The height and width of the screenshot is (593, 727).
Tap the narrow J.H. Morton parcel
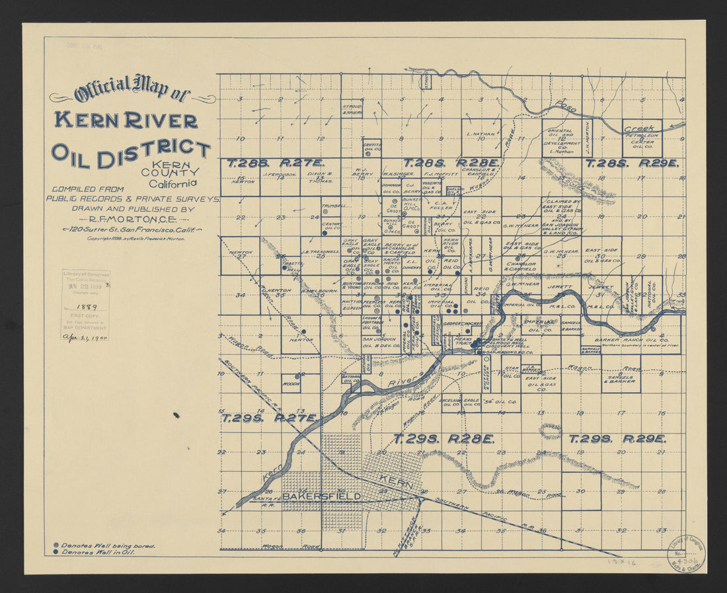point(587,138)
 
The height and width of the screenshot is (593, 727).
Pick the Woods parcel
point(289,383)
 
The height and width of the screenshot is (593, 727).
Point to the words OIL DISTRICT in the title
point(130,153)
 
